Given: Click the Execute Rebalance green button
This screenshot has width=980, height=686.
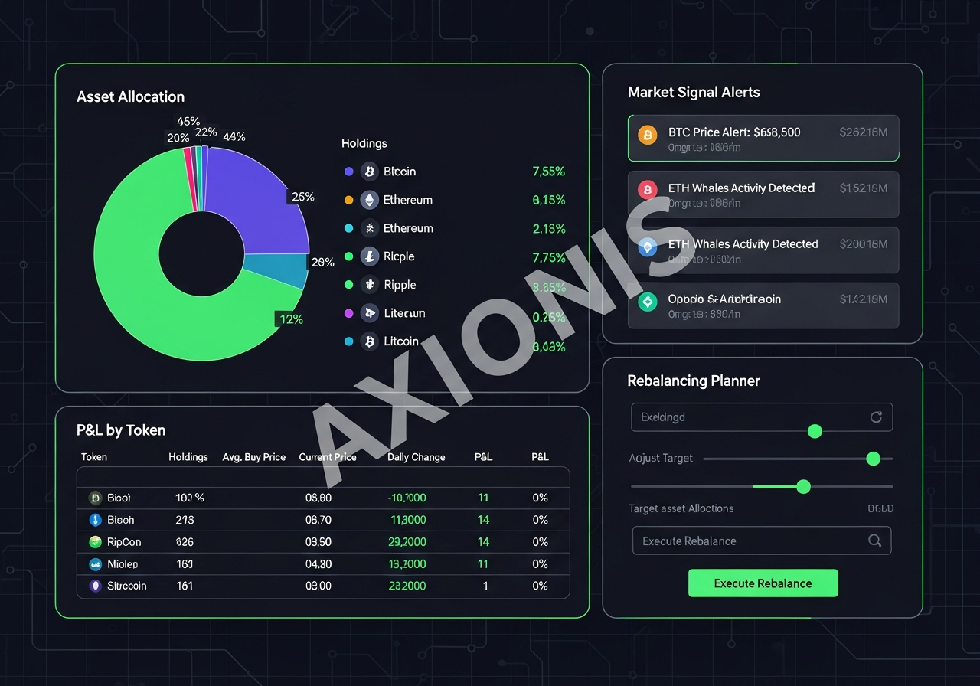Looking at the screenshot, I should point(763,583).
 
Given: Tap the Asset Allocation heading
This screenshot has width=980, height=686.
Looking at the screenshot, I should point(130,96).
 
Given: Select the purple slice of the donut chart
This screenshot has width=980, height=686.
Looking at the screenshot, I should point(253,199).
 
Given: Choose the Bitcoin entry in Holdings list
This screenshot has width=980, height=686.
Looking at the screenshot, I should point(399,171).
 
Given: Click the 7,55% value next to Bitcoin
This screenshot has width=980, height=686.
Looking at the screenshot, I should point(548,171).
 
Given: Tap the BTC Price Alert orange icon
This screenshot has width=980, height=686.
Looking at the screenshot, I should point(647,136).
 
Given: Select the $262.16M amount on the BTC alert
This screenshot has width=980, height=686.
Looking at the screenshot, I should point(863,132).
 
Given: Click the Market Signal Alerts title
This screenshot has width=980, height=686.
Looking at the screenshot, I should point(694,92).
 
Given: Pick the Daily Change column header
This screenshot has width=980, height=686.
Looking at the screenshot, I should point(416,457).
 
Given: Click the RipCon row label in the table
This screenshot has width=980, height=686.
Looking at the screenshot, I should point(124,542).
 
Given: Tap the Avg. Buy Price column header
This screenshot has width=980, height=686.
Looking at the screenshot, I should point(253,457).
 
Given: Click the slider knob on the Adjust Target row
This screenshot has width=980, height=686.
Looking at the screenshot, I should point(873,459).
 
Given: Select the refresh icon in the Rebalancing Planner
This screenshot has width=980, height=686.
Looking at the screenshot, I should point(876,417).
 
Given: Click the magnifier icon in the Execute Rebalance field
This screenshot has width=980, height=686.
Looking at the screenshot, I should point(874,541).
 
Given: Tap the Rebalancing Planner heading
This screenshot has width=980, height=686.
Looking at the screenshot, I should point(693,381).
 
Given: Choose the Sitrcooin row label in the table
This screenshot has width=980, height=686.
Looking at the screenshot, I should point(126,586).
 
